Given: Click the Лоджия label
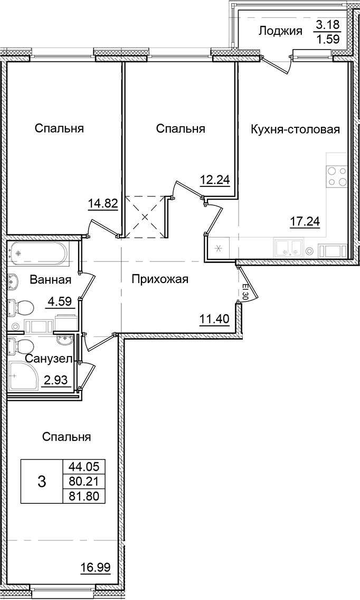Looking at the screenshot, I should (x=280, y=31).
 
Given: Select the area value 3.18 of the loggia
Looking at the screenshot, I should (x=328, y=24).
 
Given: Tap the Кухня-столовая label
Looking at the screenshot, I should (x=295, y=129).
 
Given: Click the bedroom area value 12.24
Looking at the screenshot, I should (x=214, y=180).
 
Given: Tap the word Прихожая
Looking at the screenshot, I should (x=160, y=279).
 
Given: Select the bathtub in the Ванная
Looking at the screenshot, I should (x=37, y=254).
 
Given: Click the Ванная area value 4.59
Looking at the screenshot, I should (x=59, y=303).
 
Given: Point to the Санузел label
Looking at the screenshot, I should (x=45, y=360).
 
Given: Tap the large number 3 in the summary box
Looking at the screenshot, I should (x=42, y=481).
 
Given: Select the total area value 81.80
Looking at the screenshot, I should (x=83, y=495).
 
